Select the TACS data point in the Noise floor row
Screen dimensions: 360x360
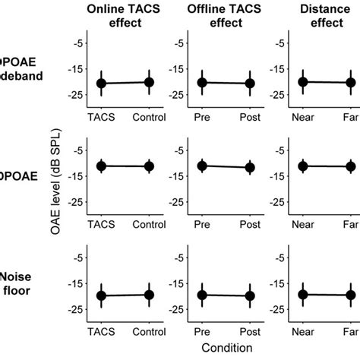(x=102, y=296)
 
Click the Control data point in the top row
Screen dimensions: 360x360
(x=149, y=82)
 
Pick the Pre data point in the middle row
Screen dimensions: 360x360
(x=202, y=166)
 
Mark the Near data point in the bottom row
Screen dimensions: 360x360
(x=303, y=295)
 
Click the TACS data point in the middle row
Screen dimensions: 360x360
(x=102, y=166)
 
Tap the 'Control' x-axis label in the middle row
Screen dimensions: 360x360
(x=149, y=226)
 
